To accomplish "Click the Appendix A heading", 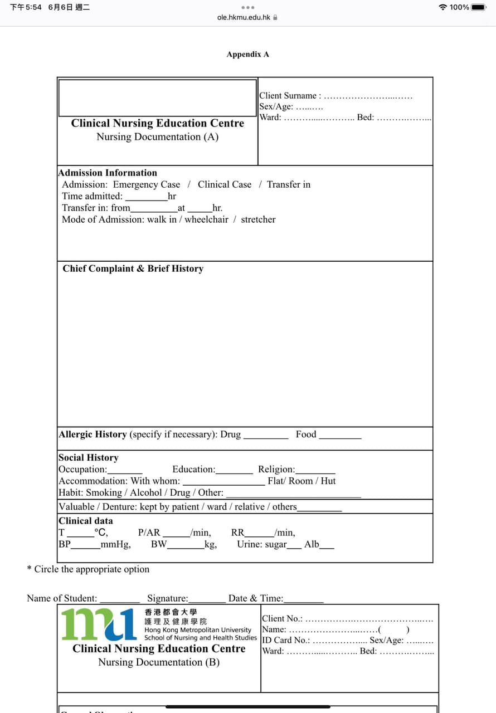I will [x=247, y=54].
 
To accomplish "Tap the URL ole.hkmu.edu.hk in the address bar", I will [x=244, y=17].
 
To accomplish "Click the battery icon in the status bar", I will [x=479, y=7].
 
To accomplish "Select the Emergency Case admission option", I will [x=147, y=184].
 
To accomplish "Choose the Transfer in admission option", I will [x=289, y=184].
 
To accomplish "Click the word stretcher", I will [x=258, y=219].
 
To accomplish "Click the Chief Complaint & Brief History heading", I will [x=133, y=268].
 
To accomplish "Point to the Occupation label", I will [x=82, y=469].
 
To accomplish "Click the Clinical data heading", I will [x=86, y=521].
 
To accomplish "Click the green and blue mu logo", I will [x=99, y=624].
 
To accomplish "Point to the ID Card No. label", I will [x=286, y=640].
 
